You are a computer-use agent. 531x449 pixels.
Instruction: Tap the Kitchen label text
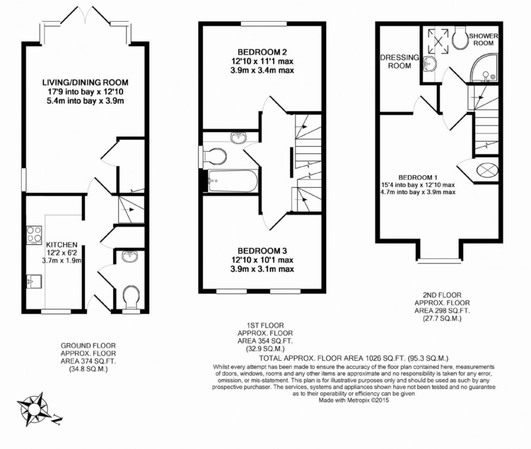click(61, 245)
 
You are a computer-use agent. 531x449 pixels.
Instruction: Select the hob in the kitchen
click(34, 235)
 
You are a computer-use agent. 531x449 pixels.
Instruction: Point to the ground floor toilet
click(131, 297)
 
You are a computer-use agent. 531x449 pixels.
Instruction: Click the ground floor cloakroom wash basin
click(129, 256)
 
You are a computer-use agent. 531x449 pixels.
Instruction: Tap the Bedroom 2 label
click(262, 53)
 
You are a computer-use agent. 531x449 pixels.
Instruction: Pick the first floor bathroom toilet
click(215, 157)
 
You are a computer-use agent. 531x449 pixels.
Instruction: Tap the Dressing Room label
click(399, 61)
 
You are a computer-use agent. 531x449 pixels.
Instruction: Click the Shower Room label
click(483, 40)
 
